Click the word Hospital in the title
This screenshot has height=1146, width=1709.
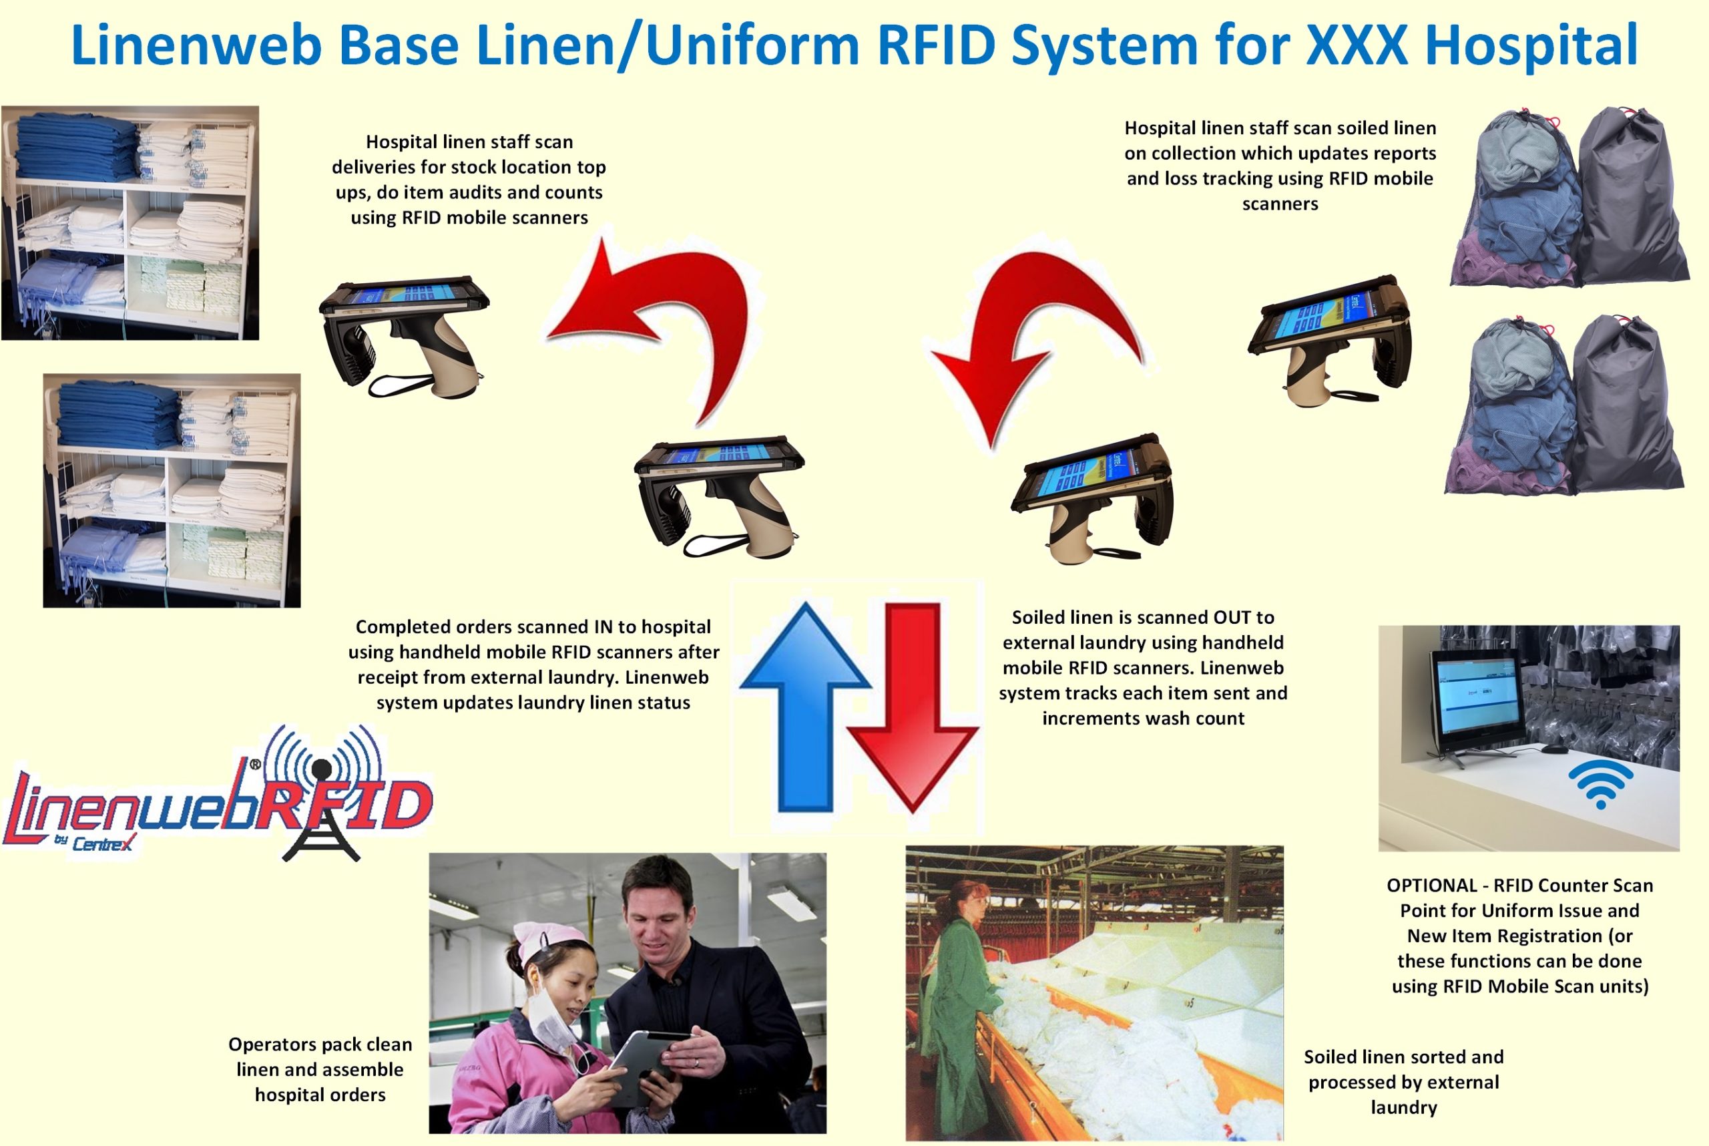[1531, 45]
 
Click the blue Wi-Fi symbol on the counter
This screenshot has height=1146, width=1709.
[1600, 784]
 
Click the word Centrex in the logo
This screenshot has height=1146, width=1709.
[102, 844]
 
